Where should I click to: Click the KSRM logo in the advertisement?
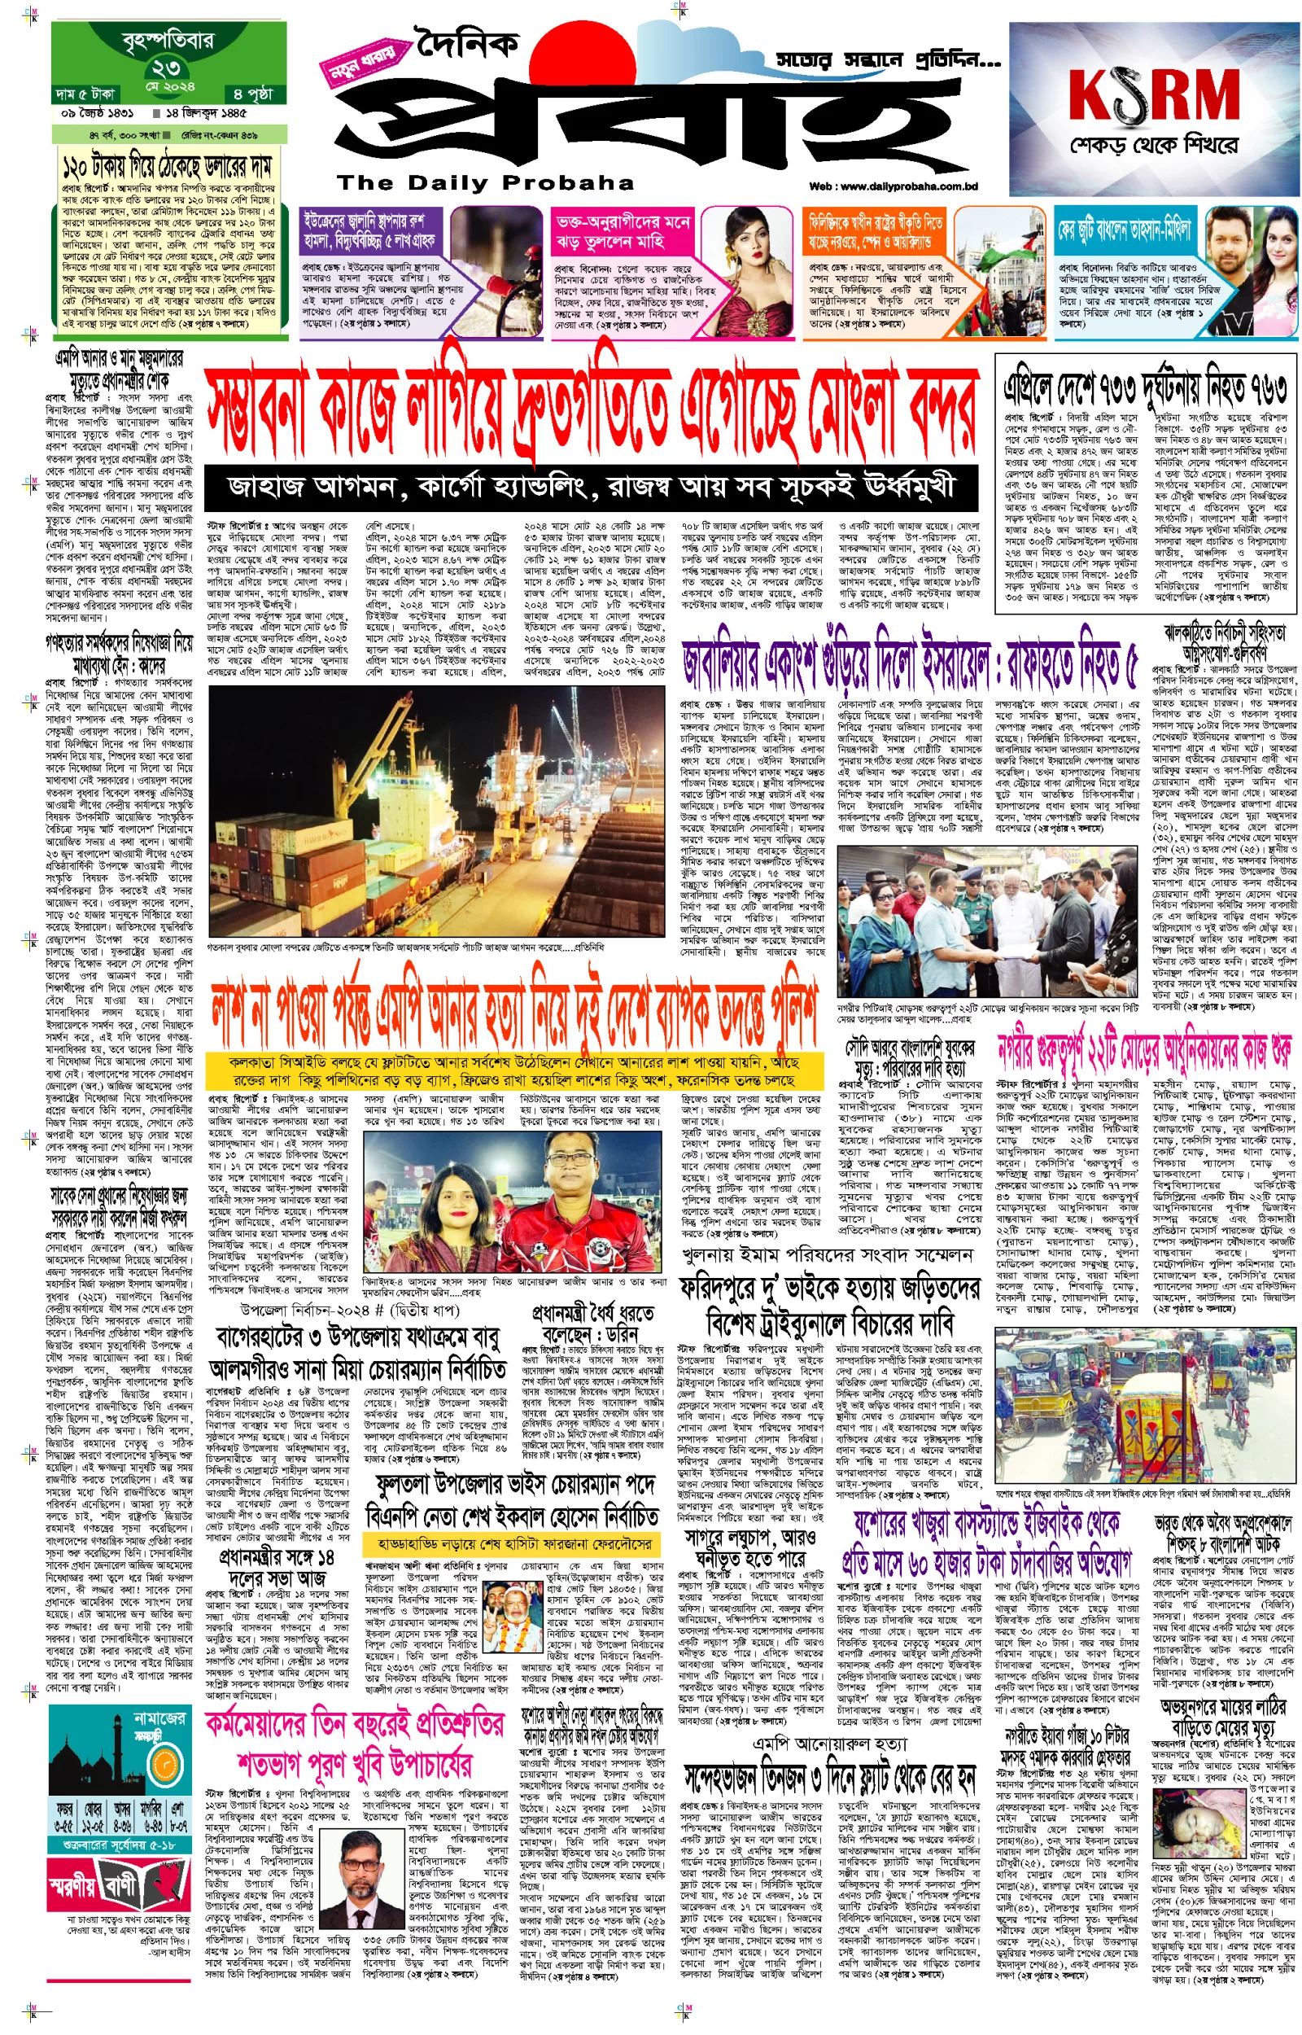(x=1153, y=94)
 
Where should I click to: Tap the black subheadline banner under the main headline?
(x=591, y=486)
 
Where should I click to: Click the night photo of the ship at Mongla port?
(x=436, y=811)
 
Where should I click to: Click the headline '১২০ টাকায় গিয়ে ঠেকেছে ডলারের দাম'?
(x=167, y=163)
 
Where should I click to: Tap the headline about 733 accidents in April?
(x=1145, y=388)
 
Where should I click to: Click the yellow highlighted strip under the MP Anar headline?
(x=513, y=1070)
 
